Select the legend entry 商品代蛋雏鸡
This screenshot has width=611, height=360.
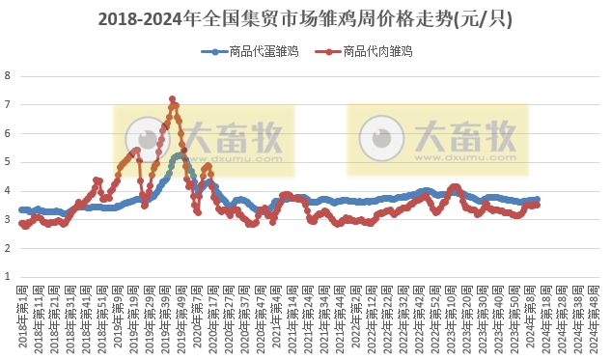point(250,52)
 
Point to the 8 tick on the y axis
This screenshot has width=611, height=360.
point(8,75)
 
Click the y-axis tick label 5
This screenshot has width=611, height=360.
point(8,162)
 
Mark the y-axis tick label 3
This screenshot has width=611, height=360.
point(8,220)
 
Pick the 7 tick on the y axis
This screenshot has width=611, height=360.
point(8,104)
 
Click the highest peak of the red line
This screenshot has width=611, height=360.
point(172,98)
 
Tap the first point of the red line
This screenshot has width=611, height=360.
point(21,223)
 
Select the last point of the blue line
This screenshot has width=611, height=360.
point(538,200)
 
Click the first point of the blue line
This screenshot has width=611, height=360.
point(21,209)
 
